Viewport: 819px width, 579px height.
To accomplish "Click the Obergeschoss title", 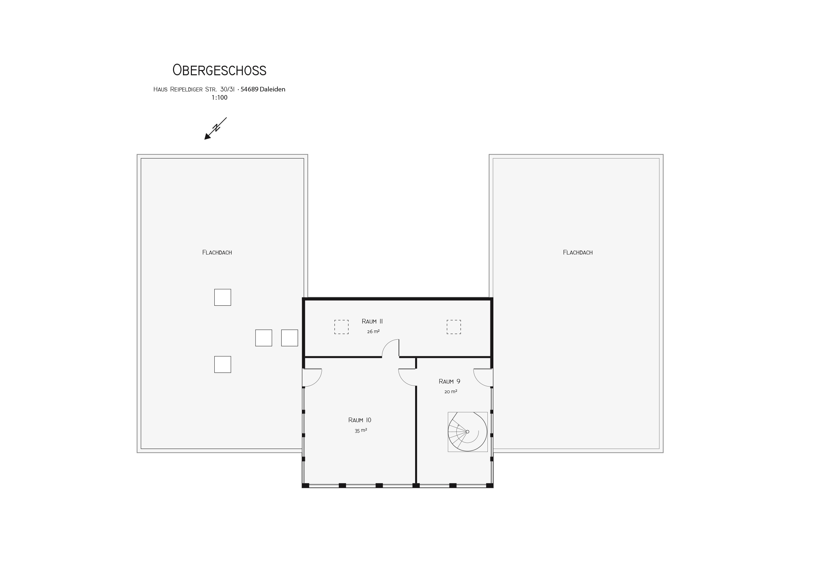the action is click(x=219, y=70).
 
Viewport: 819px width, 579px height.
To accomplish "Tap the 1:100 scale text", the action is click(x=219, y=98).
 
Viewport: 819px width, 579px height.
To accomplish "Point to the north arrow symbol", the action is click(x=215, y=128).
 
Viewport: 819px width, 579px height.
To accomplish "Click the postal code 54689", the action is click(x=249, y=89).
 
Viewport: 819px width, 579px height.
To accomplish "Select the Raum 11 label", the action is click(x=372, y=321).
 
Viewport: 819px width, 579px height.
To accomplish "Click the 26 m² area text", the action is click(x=373, y=331).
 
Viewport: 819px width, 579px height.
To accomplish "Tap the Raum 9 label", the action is click(x=449, y=382).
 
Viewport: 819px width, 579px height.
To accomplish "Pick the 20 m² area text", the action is click(x=450, y=392).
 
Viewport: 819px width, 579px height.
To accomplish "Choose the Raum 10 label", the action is click(x=360, y=420).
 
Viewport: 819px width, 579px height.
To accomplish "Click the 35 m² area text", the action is click(x=361, y=430).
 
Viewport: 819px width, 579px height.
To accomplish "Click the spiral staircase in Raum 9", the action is click(x=468, y=432).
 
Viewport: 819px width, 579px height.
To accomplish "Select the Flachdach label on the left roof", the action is click(x=217, y=253).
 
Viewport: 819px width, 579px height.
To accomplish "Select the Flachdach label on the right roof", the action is click(x=578, y=253).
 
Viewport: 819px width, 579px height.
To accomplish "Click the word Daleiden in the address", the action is click(x=272, y=89).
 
